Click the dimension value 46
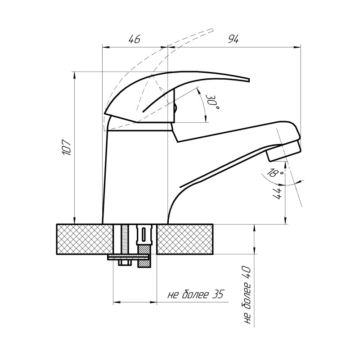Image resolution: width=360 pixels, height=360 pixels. click(134, 40)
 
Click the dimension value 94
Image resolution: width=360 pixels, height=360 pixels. click(233, 40)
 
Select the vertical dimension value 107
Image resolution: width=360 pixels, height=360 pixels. click(67, 147)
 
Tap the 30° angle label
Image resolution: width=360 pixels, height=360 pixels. click(211, 102)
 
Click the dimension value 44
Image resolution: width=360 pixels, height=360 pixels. click(277, 194)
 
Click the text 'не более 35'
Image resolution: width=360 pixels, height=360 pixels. click(195, 294)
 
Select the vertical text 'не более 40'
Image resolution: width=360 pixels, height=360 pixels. click(247, 295)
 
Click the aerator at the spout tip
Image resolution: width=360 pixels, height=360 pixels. click(284, 151)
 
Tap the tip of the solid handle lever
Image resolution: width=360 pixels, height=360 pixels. click(249, 80)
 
